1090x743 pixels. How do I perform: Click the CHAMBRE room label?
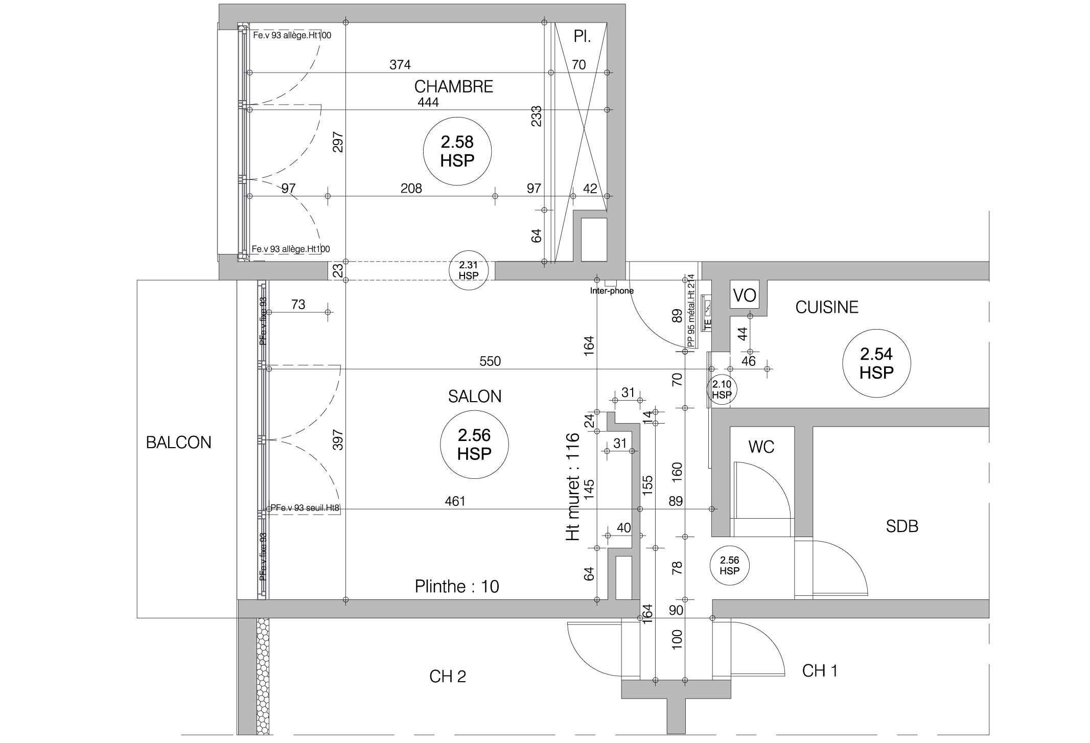tap(453, 86)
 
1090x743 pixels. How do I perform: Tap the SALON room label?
tap(474, 396)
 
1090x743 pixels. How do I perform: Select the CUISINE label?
tap(826, 307)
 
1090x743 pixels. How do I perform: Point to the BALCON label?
tap(178, 442)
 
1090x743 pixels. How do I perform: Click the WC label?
tap(761, 447)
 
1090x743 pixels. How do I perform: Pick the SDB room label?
tap(901, 526)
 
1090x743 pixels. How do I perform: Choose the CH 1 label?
tap(820, 670)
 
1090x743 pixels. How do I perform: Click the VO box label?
tap(744, 295)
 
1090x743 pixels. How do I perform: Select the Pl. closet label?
tap(582, 37)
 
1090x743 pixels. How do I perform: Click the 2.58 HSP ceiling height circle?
tap(457, 151)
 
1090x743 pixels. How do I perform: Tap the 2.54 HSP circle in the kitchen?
tap(876, 363)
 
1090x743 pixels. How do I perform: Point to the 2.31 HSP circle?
tap(468, 270)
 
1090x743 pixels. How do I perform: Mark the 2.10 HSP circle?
tap(722, 389)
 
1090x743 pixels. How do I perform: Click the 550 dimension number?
tap(490, 361)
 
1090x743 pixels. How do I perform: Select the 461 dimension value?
tap(455, 501)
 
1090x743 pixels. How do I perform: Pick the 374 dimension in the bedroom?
tap(400, 64)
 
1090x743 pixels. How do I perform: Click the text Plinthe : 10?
tap(456, 586)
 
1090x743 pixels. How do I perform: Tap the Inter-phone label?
tap(611, 291)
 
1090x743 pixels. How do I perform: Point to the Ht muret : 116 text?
tap(572, 486)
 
